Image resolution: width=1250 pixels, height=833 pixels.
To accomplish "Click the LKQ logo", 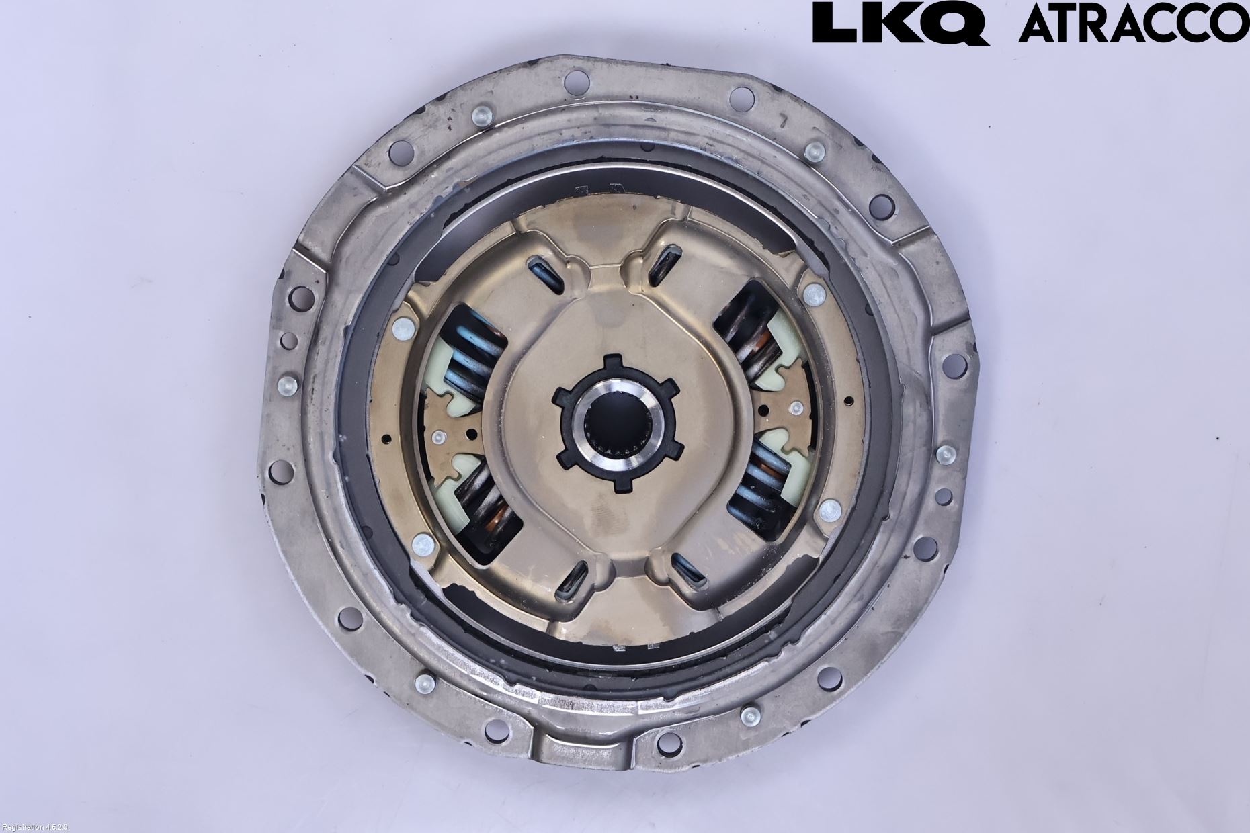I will [900, 22].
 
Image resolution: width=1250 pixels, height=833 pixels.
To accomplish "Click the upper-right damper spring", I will [753, 336].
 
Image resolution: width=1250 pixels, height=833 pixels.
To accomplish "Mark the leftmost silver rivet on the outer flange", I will [285, 386].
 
